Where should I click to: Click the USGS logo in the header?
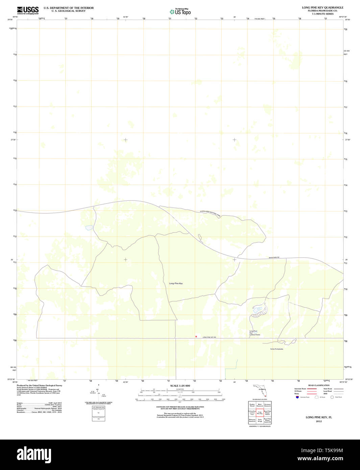click(x=28, y=10)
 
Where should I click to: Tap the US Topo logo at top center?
click(x=180, y=12)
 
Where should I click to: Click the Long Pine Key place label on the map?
click(x=176, y=283)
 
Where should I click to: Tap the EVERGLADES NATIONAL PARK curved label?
click(x=210, y=213)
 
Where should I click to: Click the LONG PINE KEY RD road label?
click(x=209, y=337)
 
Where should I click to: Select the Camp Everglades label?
click(x=277, y=349)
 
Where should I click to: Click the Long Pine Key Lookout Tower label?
click(x=255, y=333)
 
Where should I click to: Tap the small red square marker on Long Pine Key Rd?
click(x=196, y=336)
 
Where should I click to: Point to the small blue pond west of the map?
click(x=89, y=228)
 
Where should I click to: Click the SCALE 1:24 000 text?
click(x=180, y=386)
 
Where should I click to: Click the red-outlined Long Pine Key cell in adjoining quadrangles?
click(x=260, y=413)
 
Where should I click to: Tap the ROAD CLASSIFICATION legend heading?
click(x=318, y=385)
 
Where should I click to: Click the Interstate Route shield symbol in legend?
click(x=297, y=397)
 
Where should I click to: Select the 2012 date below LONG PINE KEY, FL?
click(x=319, y=421)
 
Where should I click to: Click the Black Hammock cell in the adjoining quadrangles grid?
click(x=260, y=405)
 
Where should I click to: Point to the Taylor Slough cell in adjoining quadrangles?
click(x=260, y=421)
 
